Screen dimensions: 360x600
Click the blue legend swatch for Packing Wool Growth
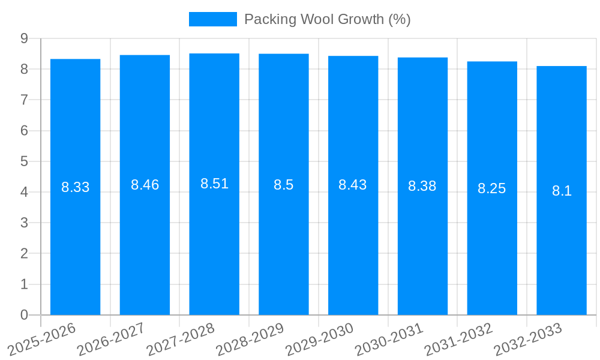pyautogui.click(x=212, y=19)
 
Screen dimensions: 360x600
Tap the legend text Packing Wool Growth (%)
pyautogui.click(x=327, y=19)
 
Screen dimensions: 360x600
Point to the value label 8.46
pyautogui.click(x=145, y=185)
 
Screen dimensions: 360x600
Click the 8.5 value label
pyautogui.click(x=284, y=185)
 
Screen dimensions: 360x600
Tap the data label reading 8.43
pyautogui.click(x=353, y=185)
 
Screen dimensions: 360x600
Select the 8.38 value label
pyautogui.click(x=422, y=186)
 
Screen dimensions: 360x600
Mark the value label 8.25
pyautogui.click(x=492, y=188)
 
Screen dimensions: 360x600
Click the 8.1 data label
pyautogui.click(x=562, y=191)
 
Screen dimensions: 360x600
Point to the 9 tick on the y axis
pyautogui.click(x=25, y=38)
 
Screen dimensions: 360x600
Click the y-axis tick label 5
pyautogui.click(x=25, y=161)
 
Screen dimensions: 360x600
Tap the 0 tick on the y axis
pyautogui.click(x=25, y=315)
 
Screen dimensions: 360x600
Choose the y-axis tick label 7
pyautogui.click(x=25, y=100)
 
